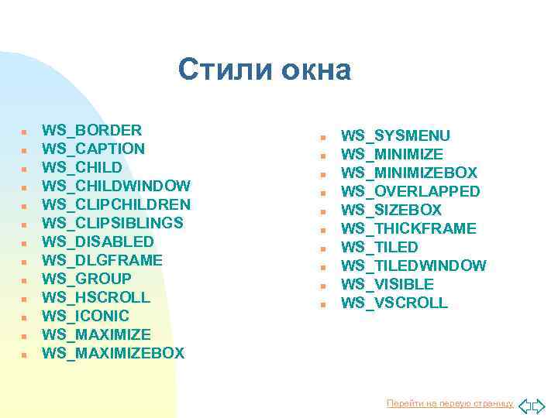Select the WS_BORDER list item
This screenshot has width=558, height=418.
tap(91, 130)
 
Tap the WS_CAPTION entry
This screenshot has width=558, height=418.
tap(93, 149)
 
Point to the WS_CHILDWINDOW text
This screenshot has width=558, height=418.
tap(115, 186)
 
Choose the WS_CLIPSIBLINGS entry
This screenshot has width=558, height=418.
tap(112, 223)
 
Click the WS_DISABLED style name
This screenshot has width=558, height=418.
tap(98, 242)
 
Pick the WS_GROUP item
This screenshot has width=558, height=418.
tap(86, 279)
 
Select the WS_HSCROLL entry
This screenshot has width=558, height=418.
tap(96, 297)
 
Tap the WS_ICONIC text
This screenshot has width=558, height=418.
tap(85, 316)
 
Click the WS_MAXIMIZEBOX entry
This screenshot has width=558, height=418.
tap(113, 353)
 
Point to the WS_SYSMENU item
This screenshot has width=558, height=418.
tap(395, 136)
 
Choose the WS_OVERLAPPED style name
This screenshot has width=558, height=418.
tap(410, 191)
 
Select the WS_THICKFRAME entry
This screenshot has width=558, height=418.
tap(408, 228)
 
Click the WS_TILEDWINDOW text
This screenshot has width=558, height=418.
tap(413, 266)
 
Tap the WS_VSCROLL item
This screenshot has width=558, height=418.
tap(394, 303)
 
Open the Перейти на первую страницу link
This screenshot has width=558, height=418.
tap(449, 404)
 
